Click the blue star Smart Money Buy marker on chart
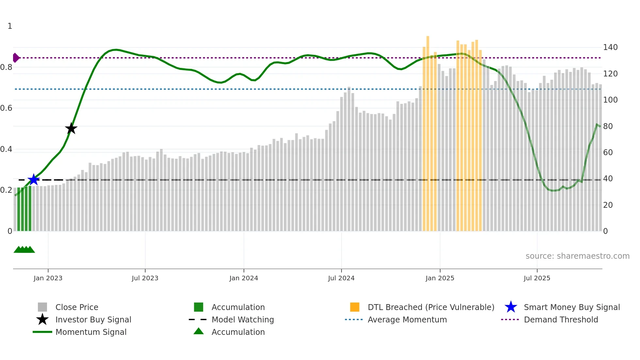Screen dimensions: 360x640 (x=34, y=180)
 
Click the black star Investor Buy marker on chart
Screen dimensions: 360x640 (x=71, y=128)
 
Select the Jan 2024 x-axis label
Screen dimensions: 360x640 (x=244, y=278)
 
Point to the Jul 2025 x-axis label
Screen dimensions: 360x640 (x=537, y=278)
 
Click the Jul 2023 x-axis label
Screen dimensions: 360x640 (x=145, y=278)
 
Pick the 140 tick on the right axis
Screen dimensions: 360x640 (x=610, y=47)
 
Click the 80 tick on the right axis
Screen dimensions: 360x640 (x=608, y=126)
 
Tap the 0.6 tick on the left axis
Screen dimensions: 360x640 (x=6, y=108)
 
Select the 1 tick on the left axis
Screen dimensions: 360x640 (x=10, y=26)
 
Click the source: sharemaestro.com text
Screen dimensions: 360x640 (x=577, y=256)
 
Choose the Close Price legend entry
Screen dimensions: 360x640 (x=77, y=307)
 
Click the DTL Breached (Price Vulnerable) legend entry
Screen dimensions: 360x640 (x=431, y=307)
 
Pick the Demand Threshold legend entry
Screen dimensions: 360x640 (x=561, y=319)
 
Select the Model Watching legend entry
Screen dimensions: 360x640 (x=243, y=319)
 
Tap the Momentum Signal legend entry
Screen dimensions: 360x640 (x=91, y=332)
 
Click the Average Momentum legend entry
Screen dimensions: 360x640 (x=407, y=319)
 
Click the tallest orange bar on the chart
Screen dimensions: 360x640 (x=428, y=131)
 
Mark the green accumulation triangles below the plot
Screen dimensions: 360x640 (x=24, y=250)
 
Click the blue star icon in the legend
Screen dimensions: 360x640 (x=511, y=307)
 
